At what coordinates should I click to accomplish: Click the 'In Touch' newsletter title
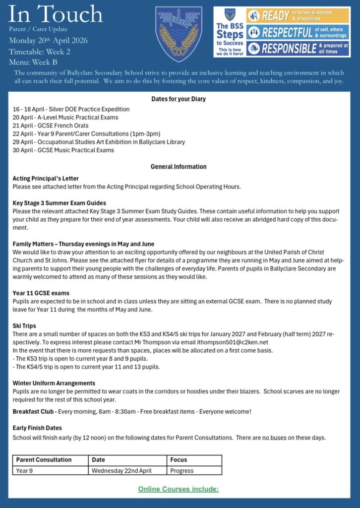tap(56, 14)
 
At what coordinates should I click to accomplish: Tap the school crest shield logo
tap(179, 33)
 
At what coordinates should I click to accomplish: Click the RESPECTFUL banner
tap(297, 32)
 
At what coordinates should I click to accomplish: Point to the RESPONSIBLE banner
tap(297, 48)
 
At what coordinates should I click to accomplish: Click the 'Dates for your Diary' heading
tap(179, 99)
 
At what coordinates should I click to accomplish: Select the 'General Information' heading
tap(179, 167)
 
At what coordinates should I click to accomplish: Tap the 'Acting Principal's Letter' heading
tap(46, 178)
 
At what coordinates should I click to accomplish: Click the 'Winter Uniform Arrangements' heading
tap(54, 383)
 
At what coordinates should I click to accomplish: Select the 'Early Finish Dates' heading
tap(37, 428)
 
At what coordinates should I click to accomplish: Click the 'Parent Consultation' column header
tap(44, 460)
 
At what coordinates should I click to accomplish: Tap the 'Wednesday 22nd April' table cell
tap(122, 471)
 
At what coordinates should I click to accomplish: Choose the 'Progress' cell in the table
tap(181, 471)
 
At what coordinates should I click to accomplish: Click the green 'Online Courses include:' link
tap(179, 489)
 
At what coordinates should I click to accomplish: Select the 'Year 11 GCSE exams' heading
tap(41, 293)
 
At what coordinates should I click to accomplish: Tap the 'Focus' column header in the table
tap(178, 460)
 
